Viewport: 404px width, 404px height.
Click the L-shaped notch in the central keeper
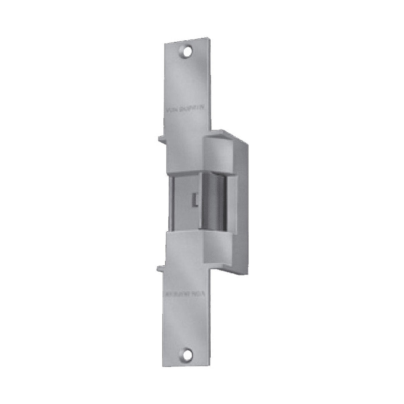195,199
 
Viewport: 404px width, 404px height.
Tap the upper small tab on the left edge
162,138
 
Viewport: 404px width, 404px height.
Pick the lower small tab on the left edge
161,268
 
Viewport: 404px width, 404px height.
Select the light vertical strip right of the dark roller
232,202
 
